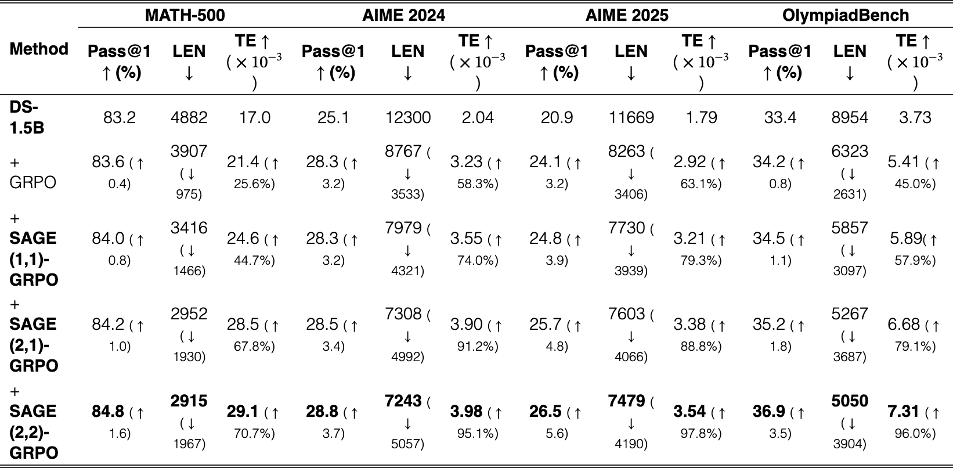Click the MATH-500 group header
(185, 15)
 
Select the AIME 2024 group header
(404, 15)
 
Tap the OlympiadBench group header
(846, 15)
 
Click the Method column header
(39, 49)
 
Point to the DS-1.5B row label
(27, 117)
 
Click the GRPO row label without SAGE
(33, 172)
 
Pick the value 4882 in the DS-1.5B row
(189, 117)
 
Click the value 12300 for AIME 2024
(408, 117)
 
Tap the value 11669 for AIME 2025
(631, 117)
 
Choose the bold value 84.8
(108, 412)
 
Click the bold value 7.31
(903, 412)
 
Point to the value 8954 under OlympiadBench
(850, 117)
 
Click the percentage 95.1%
(478, 434)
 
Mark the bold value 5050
(850, 401)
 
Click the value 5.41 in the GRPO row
(903, 161)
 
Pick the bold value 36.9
(769, 412)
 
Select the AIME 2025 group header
(627, 15)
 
